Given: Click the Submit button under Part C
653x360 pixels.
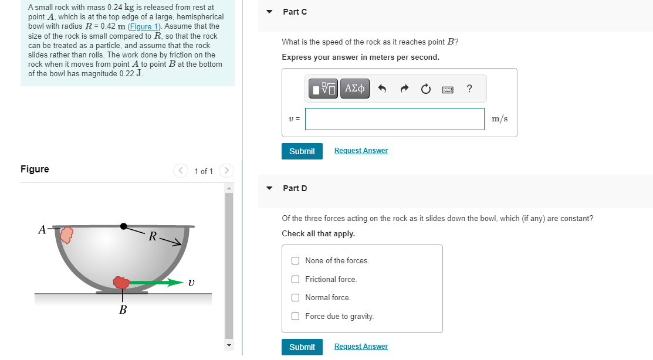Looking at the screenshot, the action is (302, 151).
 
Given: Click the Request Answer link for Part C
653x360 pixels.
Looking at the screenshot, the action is (361, 151).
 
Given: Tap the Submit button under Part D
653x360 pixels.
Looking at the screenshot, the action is (302, 347).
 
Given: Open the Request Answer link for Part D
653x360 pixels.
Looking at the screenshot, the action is (361, 347).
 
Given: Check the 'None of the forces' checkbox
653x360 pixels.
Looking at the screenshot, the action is (295, 260).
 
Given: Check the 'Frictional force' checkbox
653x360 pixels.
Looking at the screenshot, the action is (295, 279).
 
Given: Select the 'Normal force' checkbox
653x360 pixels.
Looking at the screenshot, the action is (295, 298).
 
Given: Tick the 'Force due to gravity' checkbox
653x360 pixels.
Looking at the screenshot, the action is (295, 316).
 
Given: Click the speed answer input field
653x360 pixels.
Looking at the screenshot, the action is (395, 119).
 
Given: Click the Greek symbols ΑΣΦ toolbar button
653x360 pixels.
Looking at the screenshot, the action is (355, 89).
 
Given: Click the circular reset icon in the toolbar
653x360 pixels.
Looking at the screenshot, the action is (425, 89).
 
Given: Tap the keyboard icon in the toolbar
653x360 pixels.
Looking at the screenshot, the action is (448, 89).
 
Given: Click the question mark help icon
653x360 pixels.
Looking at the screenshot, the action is (469, 88).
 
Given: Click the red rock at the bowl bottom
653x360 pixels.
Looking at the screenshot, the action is (121, 283).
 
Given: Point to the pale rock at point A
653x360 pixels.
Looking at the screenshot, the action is (67, 235).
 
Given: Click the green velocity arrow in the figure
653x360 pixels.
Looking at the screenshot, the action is (157, 283).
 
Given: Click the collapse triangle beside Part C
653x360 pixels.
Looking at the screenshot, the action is (269, 12).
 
